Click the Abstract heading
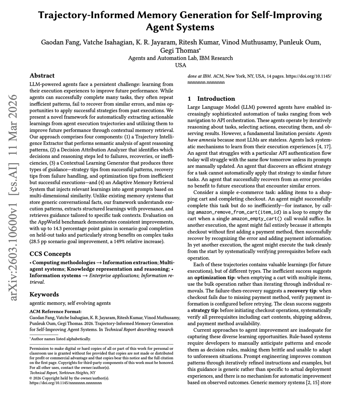[42, 76]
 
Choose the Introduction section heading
[216, 99]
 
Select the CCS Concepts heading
[50, 254]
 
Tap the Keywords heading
[44, 294]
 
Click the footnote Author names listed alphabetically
[61, 339]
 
